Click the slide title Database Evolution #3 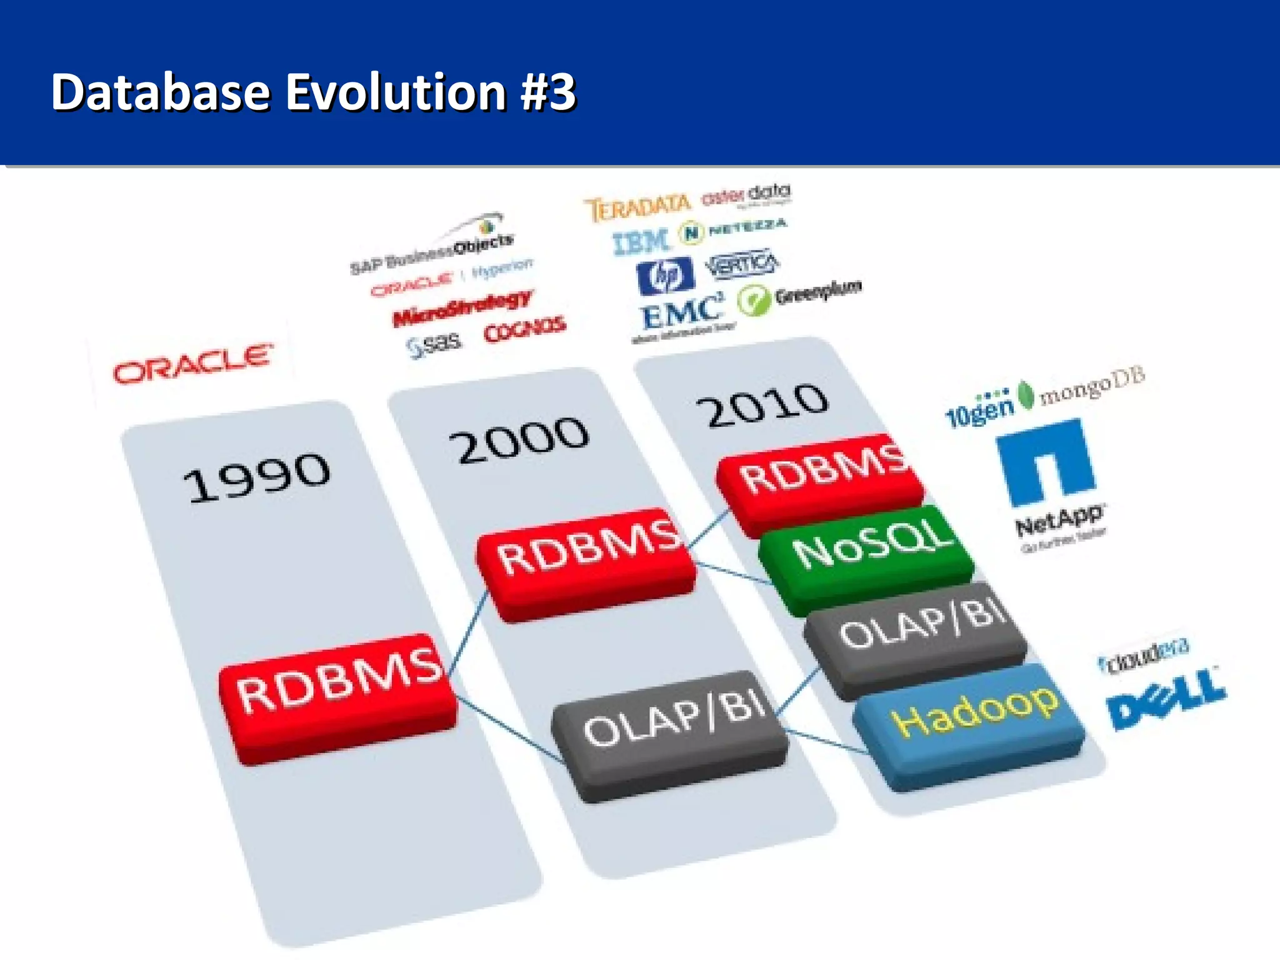pyautogui.click(x=312, y=92)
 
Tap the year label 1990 pyautogui.click(x=256, y=476)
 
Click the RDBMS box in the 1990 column pyautogui.click(x=338, y=697)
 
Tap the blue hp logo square pyautogui.click(x=665, y=276)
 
